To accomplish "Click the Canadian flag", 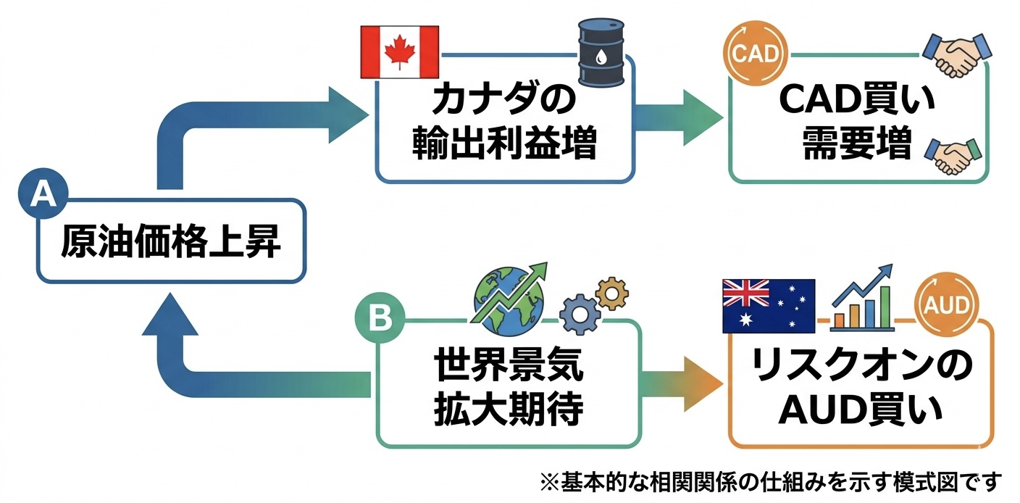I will (x=399, y=51).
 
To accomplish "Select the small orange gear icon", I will (x=611, y=293).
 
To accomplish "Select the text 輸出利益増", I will (x=504, y=145).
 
